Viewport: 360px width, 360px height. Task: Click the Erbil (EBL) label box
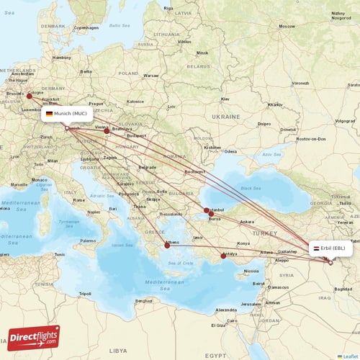(x=331, y=248)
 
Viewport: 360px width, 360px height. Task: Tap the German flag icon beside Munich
(x=49, y=114)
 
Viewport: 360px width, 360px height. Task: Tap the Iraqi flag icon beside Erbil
(x=317, y=248)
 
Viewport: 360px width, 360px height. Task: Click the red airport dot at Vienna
(x=107, y=130)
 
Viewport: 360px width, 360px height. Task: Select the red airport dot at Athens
(x=167, y=246)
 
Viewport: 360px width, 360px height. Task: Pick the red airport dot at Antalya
(x=222, y=256)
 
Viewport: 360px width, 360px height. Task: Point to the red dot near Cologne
(x=30, y=95)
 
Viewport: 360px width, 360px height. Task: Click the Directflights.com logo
(x=34, y=336)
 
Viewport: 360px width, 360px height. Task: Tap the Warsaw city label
(x=151, y=75)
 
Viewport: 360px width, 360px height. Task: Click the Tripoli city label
(x=85, y=294)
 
